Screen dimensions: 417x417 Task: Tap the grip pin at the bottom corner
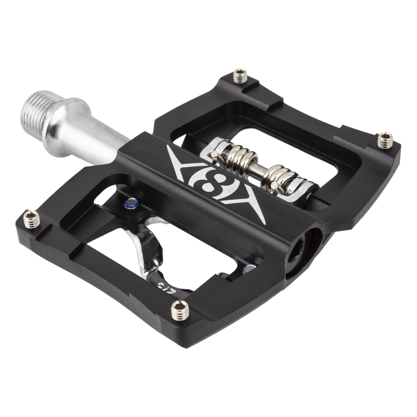click(180, 311)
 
